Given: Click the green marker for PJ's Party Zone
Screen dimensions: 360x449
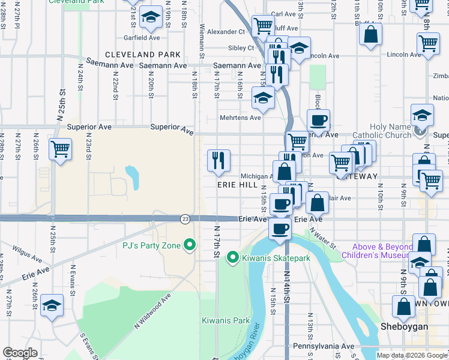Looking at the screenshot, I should pos(190,245).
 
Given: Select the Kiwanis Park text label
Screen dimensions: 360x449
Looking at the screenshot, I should pos(225,320).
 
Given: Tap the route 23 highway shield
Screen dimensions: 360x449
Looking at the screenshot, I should pos(185,220).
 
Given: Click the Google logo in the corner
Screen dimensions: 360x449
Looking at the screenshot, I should pos(20,353).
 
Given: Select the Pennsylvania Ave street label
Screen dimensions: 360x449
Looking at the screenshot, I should pos(324,347).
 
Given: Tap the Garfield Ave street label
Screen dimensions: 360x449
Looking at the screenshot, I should pos(142,37).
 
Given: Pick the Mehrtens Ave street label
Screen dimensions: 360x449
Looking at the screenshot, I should pos(240,118).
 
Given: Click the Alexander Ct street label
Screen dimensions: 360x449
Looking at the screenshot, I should pos(226,32).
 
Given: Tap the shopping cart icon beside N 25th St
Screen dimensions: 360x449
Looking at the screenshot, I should pos(60,149).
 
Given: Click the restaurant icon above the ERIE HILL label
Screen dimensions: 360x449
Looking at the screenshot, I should pos(219,160).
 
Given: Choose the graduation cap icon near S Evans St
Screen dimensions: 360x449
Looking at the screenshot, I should pos(52,306).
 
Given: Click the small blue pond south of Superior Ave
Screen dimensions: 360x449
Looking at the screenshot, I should pos(132,176).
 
